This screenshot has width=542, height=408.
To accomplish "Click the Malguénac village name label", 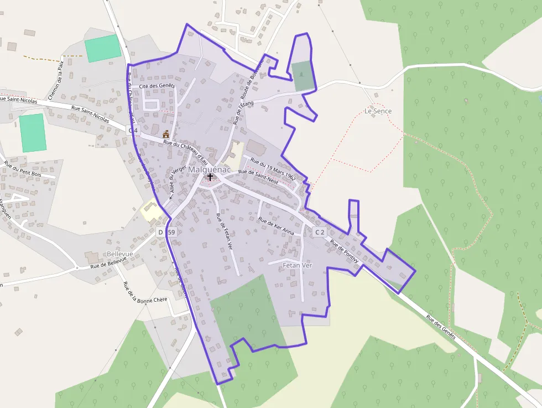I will [x=210, y=169].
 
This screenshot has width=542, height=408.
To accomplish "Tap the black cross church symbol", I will [x=210, y=177].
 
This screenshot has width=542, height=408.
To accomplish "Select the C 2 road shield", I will [x=320, y=232].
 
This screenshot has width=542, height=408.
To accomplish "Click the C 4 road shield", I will [x=132, y=130].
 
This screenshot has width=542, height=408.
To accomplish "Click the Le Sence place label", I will [x=378, y=111].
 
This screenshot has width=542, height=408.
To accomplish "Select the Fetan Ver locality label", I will [x=298, y=266].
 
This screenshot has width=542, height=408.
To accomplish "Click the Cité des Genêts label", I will [x=157, y=86].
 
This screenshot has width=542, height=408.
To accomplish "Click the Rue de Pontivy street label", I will [x=345, y=251].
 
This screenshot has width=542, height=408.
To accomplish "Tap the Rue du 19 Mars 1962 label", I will [x=273, y=169].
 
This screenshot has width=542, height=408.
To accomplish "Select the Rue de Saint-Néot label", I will [x=258, y=175].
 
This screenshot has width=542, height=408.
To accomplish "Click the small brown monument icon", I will [x=166, y=133].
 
